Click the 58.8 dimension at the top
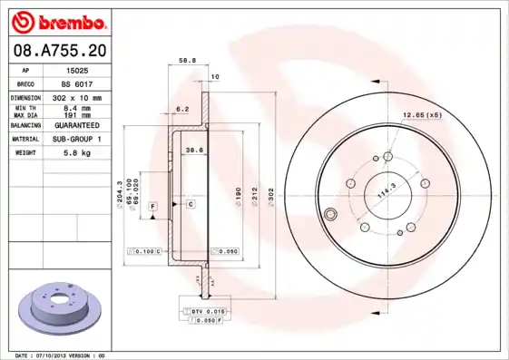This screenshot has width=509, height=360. point(187,60)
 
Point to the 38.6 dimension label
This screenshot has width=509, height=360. point(193,149)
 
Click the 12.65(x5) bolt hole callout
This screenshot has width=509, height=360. point(422,115)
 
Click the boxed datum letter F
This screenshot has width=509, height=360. point(153,208)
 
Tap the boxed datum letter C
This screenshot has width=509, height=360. point(191,205)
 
